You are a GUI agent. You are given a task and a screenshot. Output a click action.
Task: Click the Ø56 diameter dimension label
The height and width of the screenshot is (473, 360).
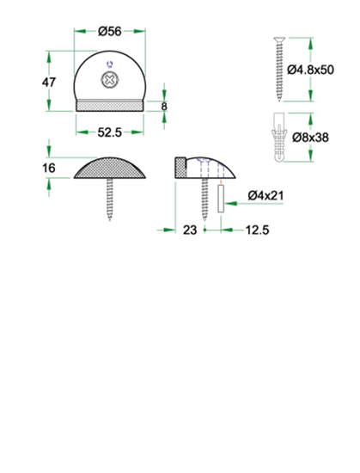109,31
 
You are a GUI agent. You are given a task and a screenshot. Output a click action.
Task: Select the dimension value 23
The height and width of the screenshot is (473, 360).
190,230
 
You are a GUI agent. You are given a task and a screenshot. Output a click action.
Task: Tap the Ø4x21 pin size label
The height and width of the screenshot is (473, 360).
265,195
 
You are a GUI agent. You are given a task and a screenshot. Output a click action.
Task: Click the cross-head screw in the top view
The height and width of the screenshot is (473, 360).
110,81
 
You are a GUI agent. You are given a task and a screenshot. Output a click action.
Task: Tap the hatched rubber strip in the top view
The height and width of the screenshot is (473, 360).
110,105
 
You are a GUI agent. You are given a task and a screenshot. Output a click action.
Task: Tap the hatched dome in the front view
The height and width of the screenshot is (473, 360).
110,169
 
